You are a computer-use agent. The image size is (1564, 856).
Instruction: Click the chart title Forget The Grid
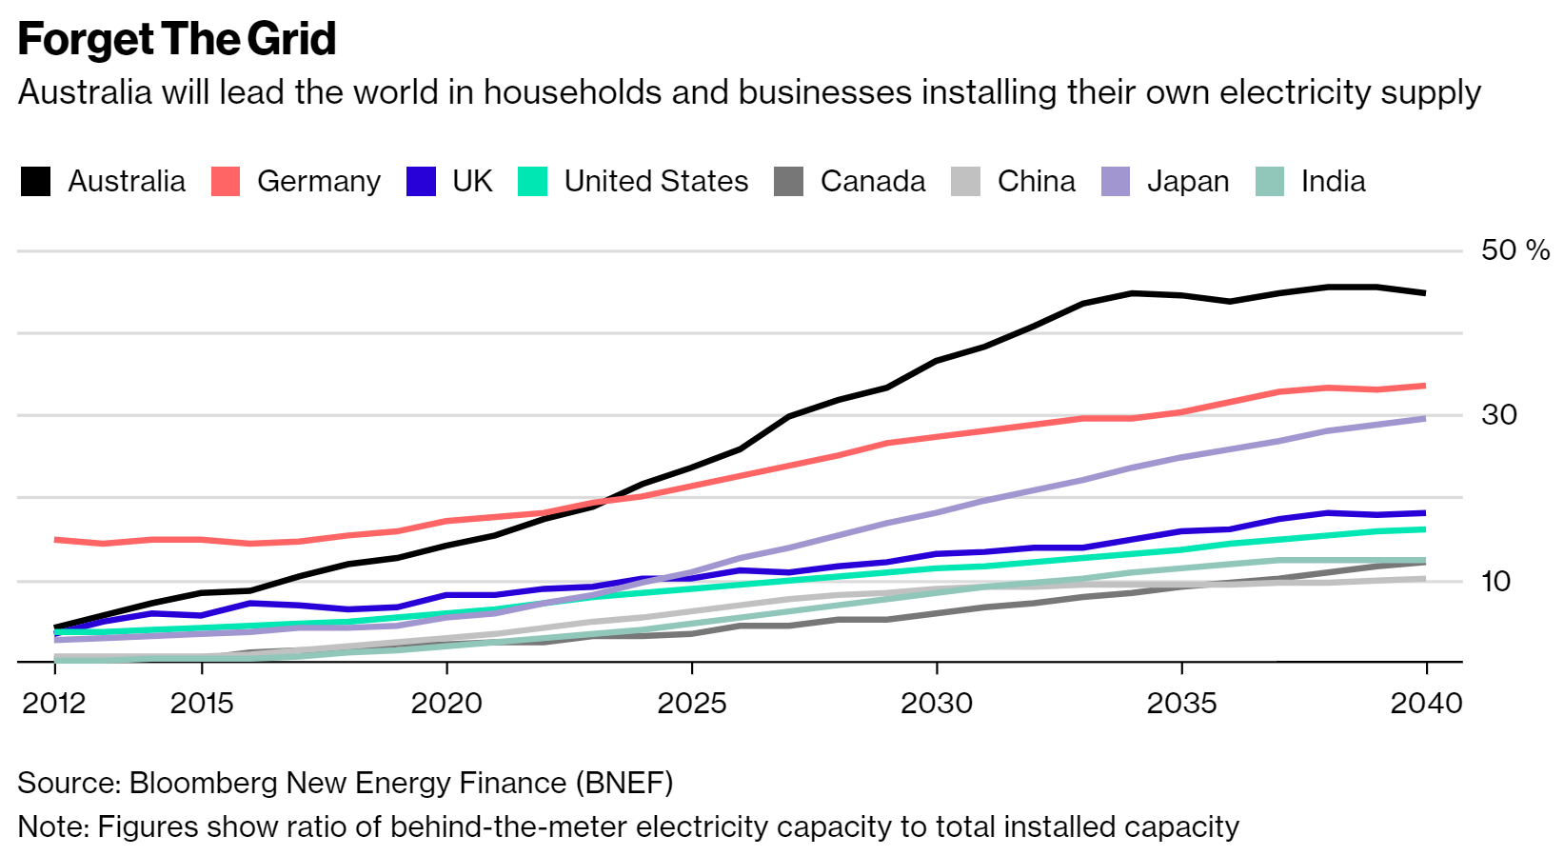click(177, 40)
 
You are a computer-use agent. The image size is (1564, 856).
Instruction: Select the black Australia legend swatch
click(36, 181)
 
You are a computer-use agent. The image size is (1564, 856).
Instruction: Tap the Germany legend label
click(318, 181)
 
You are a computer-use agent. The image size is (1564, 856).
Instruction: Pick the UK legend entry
click(472, 181)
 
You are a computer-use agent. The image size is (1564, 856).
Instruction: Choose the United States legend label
click(656, 181)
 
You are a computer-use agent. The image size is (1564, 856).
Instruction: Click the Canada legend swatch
click(789, 181)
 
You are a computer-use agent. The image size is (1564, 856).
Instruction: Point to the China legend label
click(1036, 181)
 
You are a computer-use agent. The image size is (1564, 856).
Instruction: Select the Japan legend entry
click(1187, 181)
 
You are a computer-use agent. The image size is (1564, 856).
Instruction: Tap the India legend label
click(1333, 181)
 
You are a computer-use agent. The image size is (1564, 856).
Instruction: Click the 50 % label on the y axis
click(1515, 250)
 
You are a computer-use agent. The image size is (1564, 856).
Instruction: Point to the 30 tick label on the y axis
click(1498, 415)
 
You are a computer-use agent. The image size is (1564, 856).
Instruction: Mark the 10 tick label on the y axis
click(1495, 581)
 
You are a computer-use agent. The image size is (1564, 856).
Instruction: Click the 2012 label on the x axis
click(54, 704)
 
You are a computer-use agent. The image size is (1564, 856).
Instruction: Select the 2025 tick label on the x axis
click(692, 704)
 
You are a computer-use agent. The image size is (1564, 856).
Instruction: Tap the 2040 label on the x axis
click(1426, 704)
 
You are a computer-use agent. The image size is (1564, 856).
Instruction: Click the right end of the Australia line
click(1425, 293)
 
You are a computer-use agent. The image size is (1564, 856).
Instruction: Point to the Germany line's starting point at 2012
click(55, 540)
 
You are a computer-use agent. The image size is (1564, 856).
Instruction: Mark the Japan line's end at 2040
click(1425, 418)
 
